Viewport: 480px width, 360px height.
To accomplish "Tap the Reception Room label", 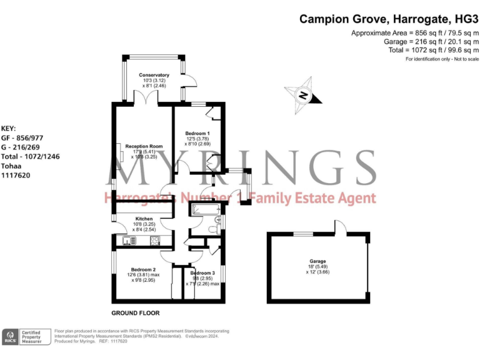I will [x=144, y=146].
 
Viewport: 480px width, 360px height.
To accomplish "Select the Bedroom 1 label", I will [x=197, y=134].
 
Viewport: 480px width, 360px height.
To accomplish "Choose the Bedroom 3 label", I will [x=202, y=273].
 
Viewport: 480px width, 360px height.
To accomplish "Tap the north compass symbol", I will [x=303, y=95].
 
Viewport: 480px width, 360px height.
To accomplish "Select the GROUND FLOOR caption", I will [x=135, y=312].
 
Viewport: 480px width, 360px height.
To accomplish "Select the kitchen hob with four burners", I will [x=154, y=240].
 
